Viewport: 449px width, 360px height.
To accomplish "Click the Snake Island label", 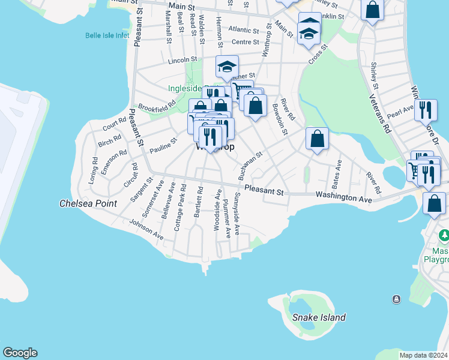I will [x=319, y=317].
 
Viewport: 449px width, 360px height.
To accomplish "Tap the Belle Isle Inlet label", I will [x=107, y=35].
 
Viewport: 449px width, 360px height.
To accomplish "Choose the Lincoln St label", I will [x=183, y=60].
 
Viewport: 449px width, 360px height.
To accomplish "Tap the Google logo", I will [x=20, y=353].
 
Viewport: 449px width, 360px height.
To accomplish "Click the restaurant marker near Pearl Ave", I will [x=426, y=109].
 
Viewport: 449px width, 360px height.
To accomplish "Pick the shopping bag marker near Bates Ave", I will [x=317, y=138].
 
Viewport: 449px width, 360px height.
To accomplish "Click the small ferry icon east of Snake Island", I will [x=396, y=299].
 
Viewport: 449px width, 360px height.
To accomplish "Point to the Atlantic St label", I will [x=243, y=29].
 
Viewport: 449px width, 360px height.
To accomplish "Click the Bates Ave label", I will [x=337, y=172].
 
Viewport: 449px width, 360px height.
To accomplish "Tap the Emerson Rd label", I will [x=113, y=162].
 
